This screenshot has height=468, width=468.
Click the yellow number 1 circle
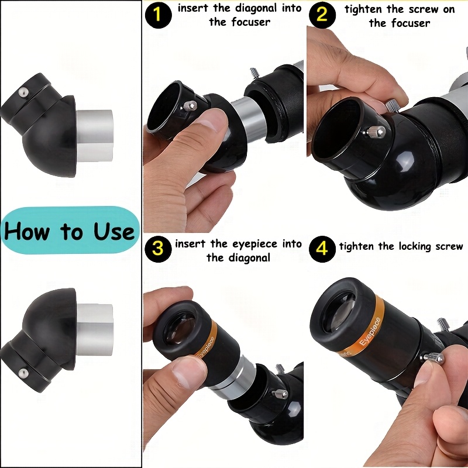tap(158, 15)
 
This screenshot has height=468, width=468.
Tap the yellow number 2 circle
tap(322, 15)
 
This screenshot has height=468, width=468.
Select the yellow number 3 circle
tap(158, 249)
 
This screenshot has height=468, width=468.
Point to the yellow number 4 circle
tap(322, 249)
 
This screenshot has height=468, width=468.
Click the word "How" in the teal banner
tap(26, 231)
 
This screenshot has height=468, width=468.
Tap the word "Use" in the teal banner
tap(113, 231)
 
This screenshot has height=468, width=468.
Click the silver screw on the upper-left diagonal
tap(23, 92)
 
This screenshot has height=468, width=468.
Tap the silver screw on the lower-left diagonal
tap(23, 373)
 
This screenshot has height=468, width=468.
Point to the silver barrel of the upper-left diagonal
tap(95, 136)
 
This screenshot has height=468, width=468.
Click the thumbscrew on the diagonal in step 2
tap(376, 132)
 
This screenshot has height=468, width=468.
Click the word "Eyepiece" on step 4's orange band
tap(370, 332)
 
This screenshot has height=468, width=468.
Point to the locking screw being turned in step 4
tap(433, 358)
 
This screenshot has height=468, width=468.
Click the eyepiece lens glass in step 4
tap(342, 312)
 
